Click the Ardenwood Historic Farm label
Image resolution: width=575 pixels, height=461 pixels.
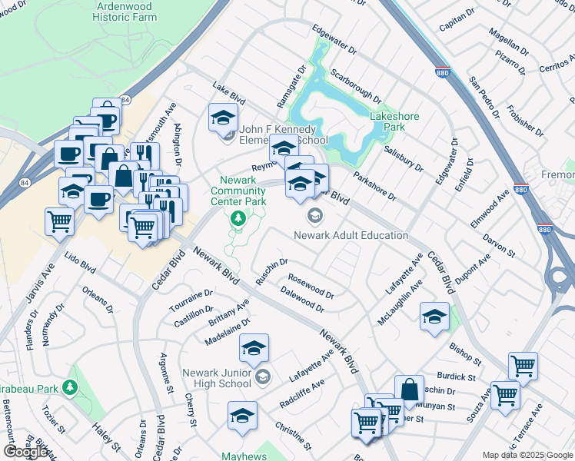point(127,11)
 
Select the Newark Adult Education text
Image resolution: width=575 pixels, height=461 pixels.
point(351,235)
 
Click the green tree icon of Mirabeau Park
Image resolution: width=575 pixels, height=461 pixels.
point(71,386)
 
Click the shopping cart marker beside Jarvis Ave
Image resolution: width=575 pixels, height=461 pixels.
point(60,222)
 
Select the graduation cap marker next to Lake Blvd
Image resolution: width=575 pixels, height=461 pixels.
point(223,118)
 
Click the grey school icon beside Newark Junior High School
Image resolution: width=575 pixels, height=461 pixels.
point(263,376)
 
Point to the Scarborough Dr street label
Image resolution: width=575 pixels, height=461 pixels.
point(354,85)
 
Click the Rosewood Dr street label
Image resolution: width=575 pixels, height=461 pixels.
point(311,287)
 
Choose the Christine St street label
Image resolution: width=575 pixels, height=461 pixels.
point(292,436)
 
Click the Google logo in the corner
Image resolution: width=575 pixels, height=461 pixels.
point(25,452)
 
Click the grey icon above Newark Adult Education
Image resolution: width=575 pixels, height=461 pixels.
point(314,215)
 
